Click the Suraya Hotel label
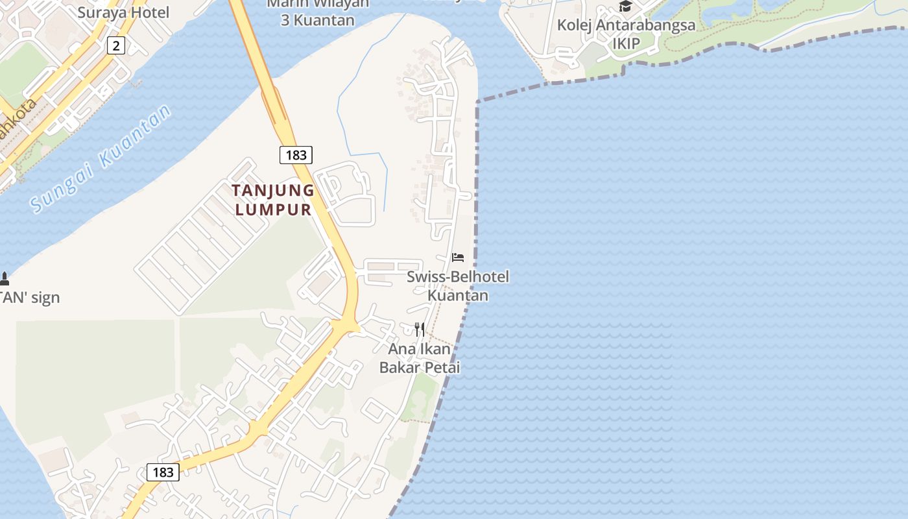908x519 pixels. (123, 12)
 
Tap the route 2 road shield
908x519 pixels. (116, 45)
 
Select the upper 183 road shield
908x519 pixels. (296, 155)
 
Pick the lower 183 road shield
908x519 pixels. (163, 472)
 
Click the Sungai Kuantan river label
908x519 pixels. (101, 159)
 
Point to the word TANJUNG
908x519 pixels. (273, 191)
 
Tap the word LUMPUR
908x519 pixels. (273, 210)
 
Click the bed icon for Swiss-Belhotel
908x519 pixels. (458, 258)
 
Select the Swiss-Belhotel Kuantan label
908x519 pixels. (458, 285)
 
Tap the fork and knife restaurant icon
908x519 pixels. (420, 329)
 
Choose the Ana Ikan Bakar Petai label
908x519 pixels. (420, 358)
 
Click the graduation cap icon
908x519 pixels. (625, 6)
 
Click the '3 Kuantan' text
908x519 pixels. (318, 20)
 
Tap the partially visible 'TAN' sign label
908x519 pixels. (30, 298)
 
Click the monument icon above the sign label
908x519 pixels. (5, 279)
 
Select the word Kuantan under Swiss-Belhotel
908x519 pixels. (458, 295)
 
